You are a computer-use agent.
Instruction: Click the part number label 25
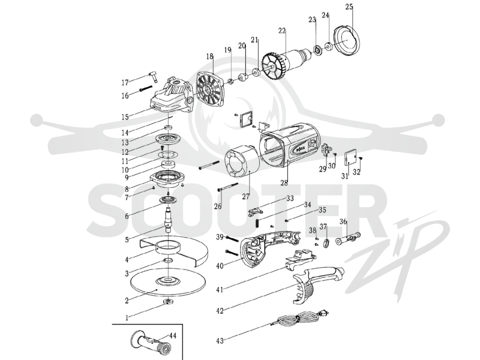349,7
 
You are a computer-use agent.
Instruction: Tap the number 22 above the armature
282,31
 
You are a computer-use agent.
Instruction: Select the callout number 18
209,56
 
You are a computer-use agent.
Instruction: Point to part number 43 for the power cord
220,340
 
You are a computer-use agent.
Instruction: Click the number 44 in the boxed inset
173,336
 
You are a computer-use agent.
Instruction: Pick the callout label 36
343,221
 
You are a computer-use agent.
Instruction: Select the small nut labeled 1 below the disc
168,302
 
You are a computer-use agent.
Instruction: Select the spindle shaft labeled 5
168,220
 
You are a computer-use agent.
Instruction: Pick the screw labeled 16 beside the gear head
146,88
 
